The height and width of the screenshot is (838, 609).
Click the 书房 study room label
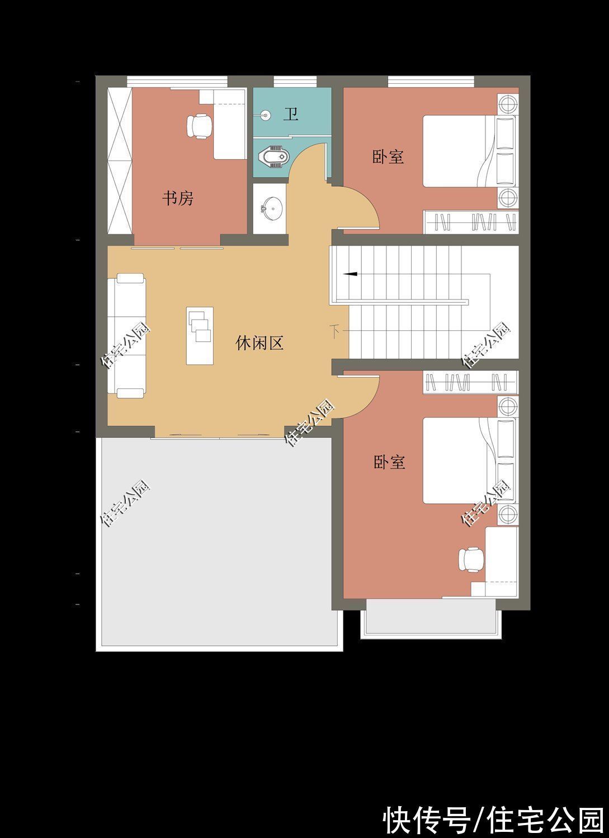point(178,198)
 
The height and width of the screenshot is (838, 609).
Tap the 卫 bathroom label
point(291,114)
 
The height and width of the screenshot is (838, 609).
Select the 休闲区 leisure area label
point(259,342)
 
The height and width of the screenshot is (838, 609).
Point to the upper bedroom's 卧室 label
point(388,157)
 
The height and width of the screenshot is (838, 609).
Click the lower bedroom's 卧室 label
point(390,463)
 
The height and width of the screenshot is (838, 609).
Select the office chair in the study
point(199,126)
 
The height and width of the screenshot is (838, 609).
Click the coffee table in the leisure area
point(200,336)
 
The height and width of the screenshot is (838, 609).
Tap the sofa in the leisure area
point(126,336)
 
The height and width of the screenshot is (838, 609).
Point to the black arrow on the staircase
point(350,274)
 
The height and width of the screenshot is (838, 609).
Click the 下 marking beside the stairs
point(335,331)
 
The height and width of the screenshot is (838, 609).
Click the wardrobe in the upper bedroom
point(471,222)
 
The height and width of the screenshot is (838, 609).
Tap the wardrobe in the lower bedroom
point(471,382)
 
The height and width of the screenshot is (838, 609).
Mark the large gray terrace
point(219,542)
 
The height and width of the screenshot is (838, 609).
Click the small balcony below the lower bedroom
point(431,618)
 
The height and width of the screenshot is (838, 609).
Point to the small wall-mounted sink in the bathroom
point(266,115)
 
